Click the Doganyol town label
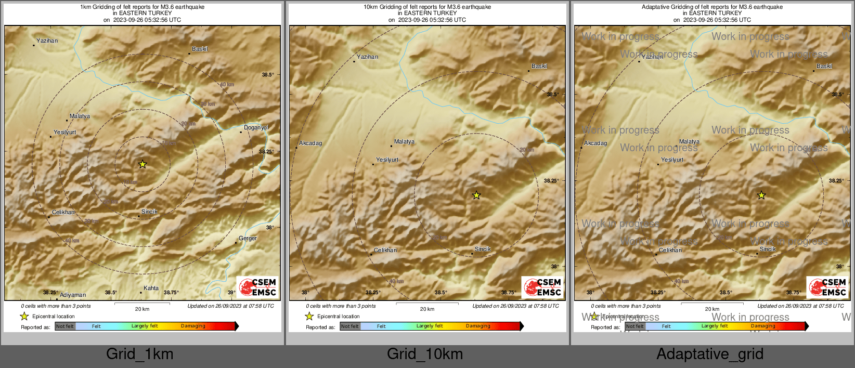point(256,128)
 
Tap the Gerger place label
point(248,239)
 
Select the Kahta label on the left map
point(151,288)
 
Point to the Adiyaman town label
point(73,295)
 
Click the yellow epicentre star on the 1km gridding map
point(142,164)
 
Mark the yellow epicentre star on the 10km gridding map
point(476,195)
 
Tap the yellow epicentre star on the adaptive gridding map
point(761,195)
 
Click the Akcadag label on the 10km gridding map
point(310,143)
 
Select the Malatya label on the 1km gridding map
point(80,116)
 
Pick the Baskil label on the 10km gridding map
point(539,67)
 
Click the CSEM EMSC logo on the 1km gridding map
point(258,287)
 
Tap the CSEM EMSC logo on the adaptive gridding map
point(828,287)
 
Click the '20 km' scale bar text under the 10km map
point(427,309)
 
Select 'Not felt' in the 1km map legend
point(65,326)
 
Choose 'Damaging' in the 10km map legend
point(478,326)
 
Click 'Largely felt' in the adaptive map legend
point(715,326)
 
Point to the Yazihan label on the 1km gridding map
point(47,41)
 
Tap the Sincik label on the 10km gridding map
point(483,249)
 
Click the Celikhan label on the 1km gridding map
point(63,213)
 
